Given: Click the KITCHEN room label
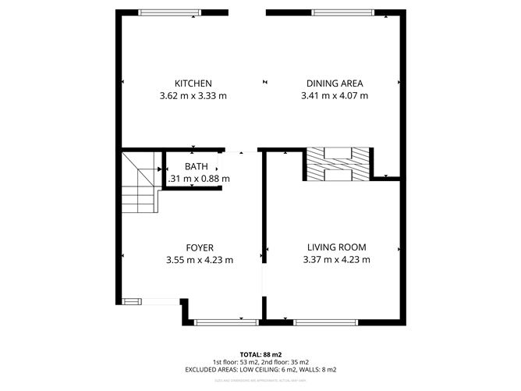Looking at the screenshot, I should (193, 84).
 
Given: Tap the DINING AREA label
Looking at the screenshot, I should (334, 84).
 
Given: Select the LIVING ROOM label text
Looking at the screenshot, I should (336, 247).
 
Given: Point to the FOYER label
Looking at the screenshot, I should (200, 247).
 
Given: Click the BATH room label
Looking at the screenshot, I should (196, 166).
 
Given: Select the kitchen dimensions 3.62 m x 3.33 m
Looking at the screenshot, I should (193, 96).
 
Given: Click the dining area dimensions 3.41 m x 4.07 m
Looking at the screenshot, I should (334, 96).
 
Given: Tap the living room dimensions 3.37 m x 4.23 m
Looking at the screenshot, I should (336, 260).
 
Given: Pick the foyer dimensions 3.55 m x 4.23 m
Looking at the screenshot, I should (200, 260).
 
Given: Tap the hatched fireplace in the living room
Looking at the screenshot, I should (337, 164).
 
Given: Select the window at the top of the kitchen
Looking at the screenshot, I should (165, 12).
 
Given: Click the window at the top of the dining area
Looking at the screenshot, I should (337, 12).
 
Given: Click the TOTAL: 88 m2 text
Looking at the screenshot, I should (260, 354).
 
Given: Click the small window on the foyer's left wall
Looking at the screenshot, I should (131, 300).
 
